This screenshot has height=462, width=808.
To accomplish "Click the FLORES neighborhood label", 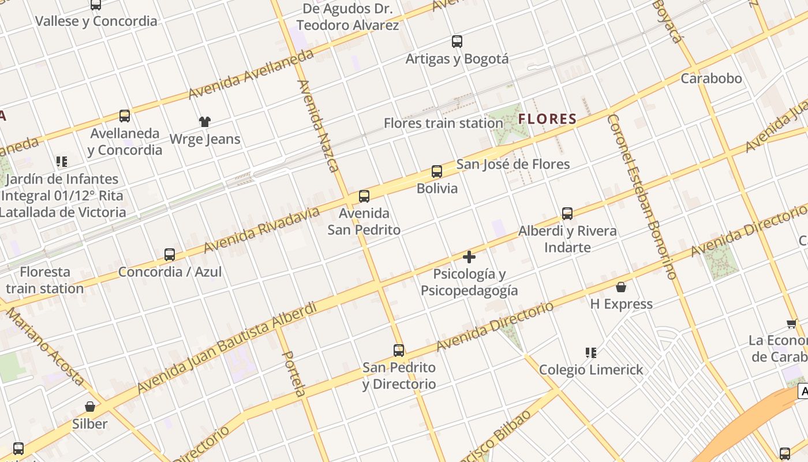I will point(548,120).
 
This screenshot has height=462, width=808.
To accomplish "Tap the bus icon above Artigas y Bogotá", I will point(457,42).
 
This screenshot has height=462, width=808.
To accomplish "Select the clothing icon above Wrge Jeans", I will point(205,122).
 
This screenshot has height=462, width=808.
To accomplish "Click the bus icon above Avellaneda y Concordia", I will point(125,116).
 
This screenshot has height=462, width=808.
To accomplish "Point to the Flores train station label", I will point(443,123).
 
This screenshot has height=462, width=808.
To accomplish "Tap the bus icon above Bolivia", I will point(437,172).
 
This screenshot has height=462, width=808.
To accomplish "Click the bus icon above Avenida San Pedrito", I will point(364,196).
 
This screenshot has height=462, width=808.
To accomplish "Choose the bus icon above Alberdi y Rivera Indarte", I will point(567,214).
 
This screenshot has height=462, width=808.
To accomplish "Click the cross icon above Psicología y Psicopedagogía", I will point(469,257).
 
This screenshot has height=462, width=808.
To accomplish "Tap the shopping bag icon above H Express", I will point(621,287).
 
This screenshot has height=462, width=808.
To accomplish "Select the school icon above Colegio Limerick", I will point(590,353).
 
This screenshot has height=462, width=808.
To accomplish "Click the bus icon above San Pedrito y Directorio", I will point(399,351).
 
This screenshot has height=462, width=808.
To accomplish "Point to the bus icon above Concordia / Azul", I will point(170,255).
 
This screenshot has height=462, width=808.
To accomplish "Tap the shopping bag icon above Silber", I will point(90,407).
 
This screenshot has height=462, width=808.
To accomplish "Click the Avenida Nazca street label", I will point(317,126).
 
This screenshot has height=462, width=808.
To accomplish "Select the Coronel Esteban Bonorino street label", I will point(641,196).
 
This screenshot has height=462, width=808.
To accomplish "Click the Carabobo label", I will point(711,79).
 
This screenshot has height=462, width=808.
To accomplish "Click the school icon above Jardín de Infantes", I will point(61,162).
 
